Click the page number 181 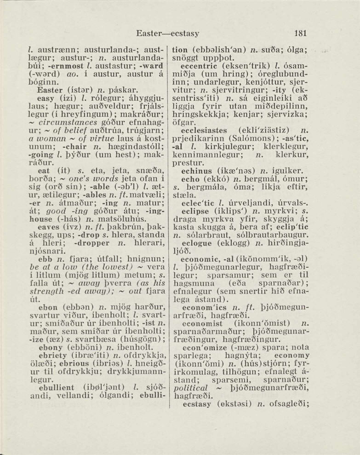pyautogui.click(x=300, y=34)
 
